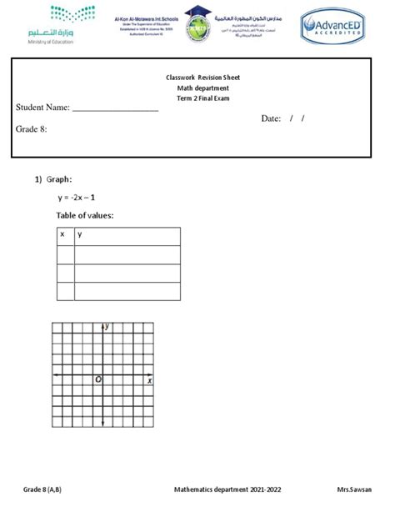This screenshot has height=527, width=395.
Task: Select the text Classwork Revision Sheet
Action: pos(202,78)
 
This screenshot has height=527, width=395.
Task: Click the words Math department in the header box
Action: pos(202,88)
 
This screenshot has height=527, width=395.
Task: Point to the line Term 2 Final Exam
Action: pos(202,99)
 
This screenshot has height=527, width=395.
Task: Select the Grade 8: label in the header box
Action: pos(32,129)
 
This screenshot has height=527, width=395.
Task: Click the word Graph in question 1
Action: pos(59,179)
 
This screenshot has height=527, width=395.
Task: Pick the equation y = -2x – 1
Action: pos(77,198)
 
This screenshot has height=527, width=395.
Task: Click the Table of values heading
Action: pos(84,217)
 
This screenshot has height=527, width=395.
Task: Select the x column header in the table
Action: pos(62,236)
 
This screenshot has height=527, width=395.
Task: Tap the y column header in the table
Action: pos(80,236)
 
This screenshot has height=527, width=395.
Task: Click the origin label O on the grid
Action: pos(97,380)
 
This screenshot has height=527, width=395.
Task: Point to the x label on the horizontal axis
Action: pos(149,380)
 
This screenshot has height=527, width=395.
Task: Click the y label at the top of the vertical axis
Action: pos(107,327)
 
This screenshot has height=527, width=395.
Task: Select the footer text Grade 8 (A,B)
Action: pos(42,489)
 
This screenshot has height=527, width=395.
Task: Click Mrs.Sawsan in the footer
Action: pos(354,489)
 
